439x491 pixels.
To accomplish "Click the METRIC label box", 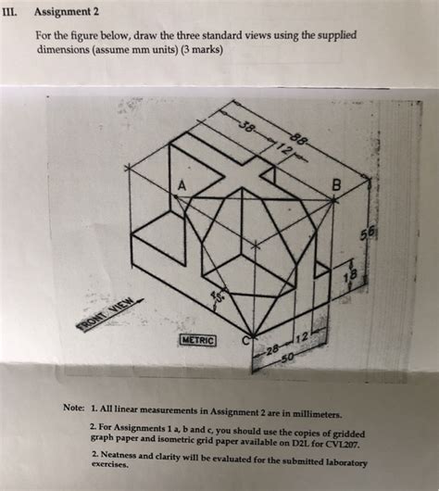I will coord(197,341).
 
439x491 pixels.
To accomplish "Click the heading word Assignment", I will coord(71,12).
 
